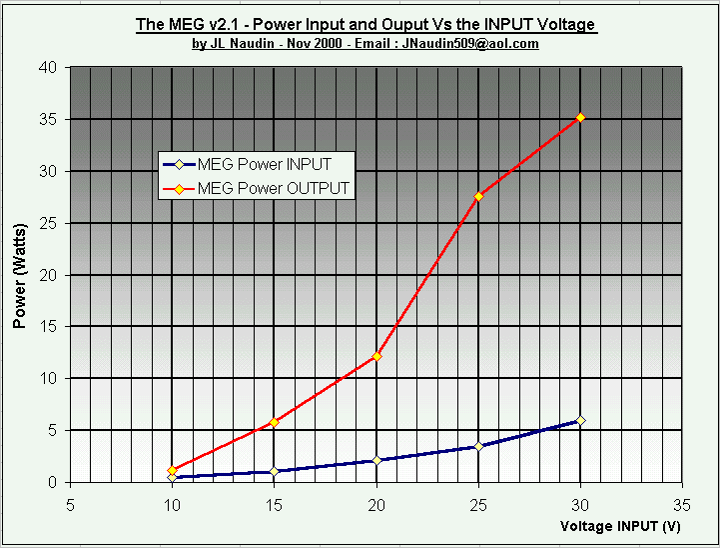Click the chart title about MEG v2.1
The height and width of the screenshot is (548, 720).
tap(365, 24)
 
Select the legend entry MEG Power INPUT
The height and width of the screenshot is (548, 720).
tap(264, 165)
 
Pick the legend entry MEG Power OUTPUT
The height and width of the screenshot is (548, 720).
tap(273, 187)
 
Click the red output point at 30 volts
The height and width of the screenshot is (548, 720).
tap(580, 118)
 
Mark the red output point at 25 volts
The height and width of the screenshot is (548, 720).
tap(478, 196)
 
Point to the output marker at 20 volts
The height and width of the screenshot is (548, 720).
tap(376, 356)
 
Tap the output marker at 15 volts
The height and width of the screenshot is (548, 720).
tap(275, 422)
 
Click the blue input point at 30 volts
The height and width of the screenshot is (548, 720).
tap(580, 420)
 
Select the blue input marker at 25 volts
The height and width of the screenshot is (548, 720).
tap(478, 447)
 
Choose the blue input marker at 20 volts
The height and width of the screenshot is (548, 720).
tap(376, 460)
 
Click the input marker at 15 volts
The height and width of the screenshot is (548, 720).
tap(275, 471)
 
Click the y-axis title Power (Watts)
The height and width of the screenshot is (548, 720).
tap(19, 275)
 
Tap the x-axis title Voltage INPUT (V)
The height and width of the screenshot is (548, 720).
tap(620, 526)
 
